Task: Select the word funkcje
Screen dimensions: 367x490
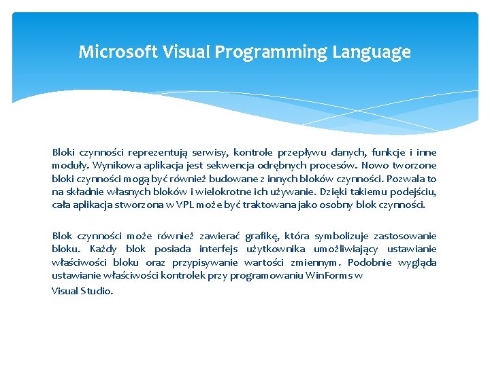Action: pyautogui.click(x=389, y=152)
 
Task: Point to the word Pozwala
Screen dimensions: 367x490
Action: pyautogui.click(x=406, y=179)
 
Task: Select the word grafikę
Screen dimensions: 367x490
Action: pyautogui.click(x=261, y=236)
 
